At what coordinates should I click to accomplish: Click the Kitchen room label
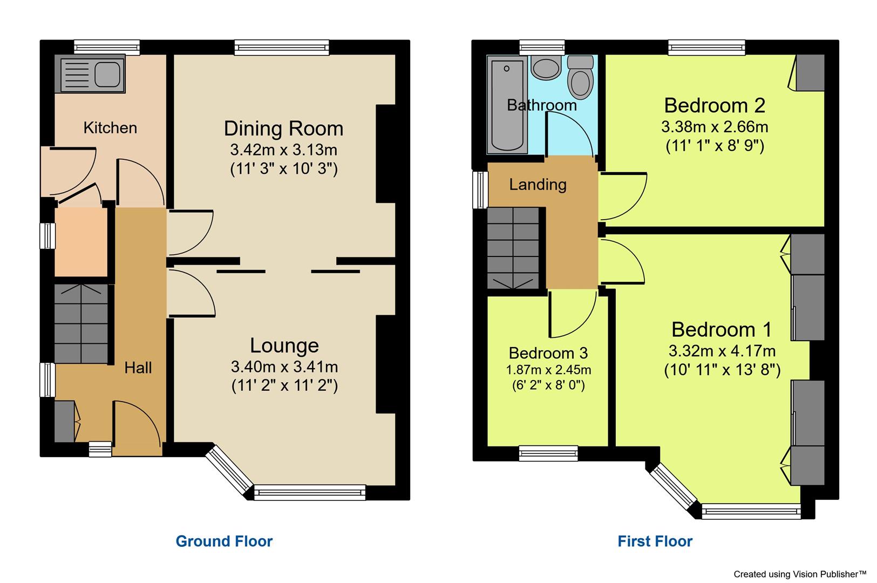click(x=110, y=128)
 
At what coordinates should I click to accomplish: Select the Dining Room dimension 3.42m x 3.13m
click(x=283, y=150)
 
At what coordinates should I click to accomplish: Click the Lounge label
click(x=284, y=345)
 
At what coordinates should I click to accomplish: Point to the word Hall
click(x=138, y=368)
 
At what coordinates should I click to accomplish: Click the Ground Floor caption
click(x=224, y=541)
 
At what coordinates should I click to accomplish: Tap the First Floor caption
click(x=655, y=541)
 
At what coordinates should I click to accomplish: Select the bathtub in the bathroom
click(x=507, y=104)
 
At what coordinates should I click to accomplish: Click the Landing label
click(x=538, y=185)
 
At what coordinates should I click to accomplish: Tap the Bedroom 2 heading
click(x=715, y=105)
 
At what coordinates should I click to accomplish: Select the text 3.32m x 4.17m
click(x=722, y=351)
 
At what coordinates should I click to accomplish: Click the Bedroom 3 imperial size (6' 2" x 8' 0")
click(x=548, y=385)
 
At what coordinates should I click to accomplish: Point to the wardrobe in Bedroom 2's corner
click(x=810, y=72)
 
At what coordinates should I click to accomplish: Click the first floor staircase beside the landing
click(x=513, y=248)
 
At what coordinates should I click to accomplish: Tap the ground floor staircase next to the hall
click(x=81, y=323)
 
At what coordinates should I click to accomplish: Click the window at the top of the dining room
click(x=282, y=48)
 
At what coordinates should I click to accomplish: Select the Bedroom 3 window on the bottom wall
click(x=548, y=453)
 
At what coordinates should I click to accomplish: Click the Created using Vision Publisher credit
click(x=799, y=574)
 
